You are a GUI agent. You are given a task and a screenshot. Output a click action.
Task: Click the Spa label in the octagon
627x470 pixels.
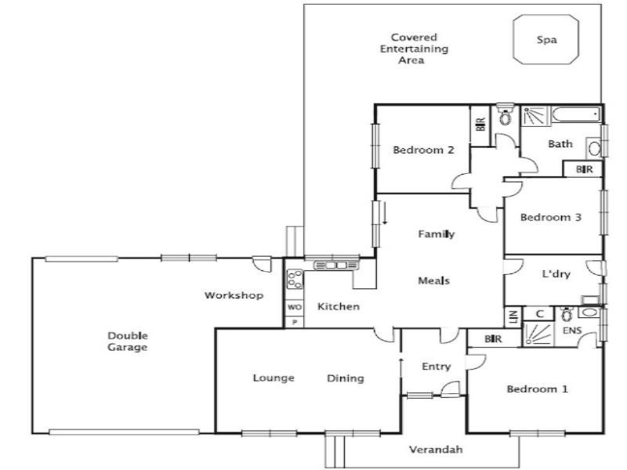click(546, 40)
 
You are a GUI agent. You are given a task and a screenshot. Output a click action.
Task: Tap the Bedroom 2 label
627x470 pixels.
click(423, 150)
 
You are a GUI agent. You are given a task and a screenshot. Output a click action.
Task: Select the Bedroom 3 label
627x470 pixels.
click(551, 217)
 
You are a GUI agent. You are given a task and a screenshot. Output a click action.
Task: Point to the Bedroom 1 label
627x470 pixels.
click(537, 389)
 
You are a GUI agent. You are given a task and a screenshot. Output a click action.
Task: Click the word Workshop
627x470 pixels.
click(234, 295)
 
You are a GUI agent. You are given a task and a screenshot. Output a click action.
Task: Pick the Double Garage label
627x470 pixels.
click(128, 342)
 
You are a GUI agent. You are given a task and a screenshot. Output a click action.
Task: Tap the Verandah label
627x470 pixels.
click(436, 449)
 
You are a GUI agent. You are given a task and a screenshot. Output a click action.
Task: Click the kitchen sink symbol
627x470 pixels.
click(336, 265)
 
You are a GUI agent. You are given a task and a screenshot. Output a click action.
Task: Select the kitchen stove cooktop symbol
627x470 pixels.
click(295, 279)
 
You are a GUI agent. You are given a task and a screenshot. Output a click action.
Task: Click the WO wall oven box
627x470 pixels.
click(295, 307)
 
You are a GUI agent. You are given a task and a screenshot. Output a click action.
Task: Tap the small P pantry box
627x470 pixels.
click(295, 322)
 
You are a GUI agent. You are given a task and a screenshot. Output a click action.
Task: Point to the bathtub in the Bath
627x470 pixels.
click(576, 115)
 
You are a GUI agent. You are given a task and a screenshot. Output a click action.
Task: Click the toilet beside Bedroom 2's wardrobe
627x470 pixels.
click(506, 114)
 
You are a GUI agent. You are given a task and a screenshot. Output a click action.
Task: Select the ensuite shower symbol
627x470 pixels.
click(538, 334)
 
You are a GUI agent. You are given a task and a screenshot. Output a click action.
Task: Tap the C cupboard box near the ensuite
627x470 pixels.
click(539, 314)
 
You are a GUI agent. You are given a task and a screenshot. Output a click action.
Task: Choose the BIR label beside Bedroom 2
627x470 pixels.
click(480, 124)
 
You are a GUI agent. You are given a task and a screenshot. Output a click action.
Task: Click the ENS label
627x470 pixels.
click(572, 331)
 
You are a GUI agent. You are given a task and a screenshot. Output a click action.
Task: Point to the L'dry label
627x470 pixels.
click(556, 273)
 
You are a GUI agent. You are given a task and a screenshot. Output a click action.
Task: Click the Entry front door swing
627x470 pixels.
click(451, 389)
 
